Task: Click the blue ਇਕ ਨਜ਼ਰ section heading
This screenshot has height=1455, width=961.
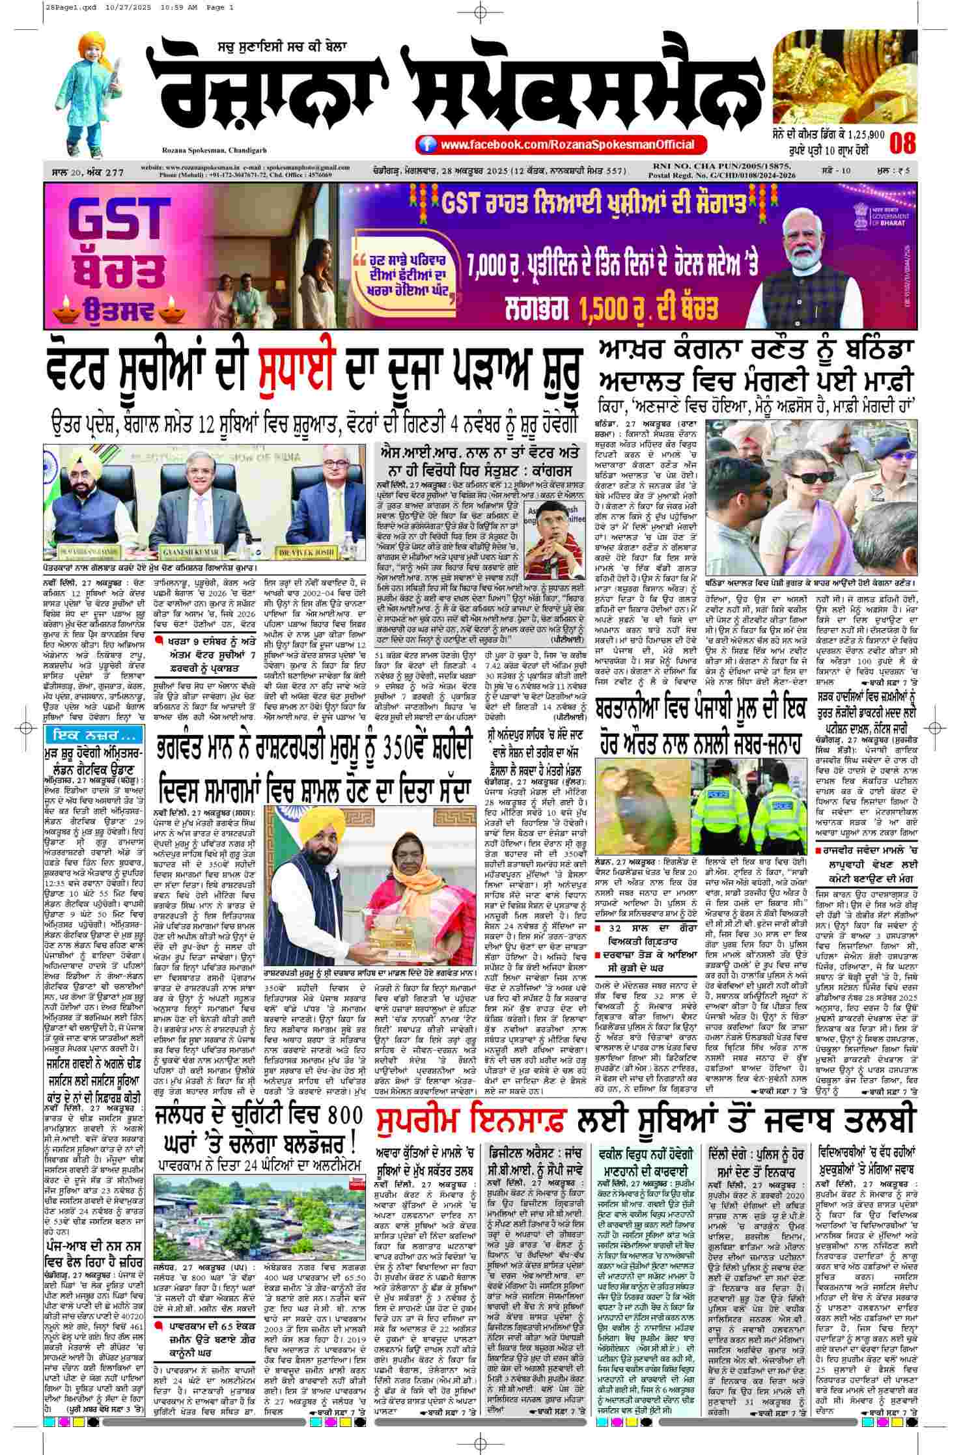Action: click(x=89, y=735)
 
